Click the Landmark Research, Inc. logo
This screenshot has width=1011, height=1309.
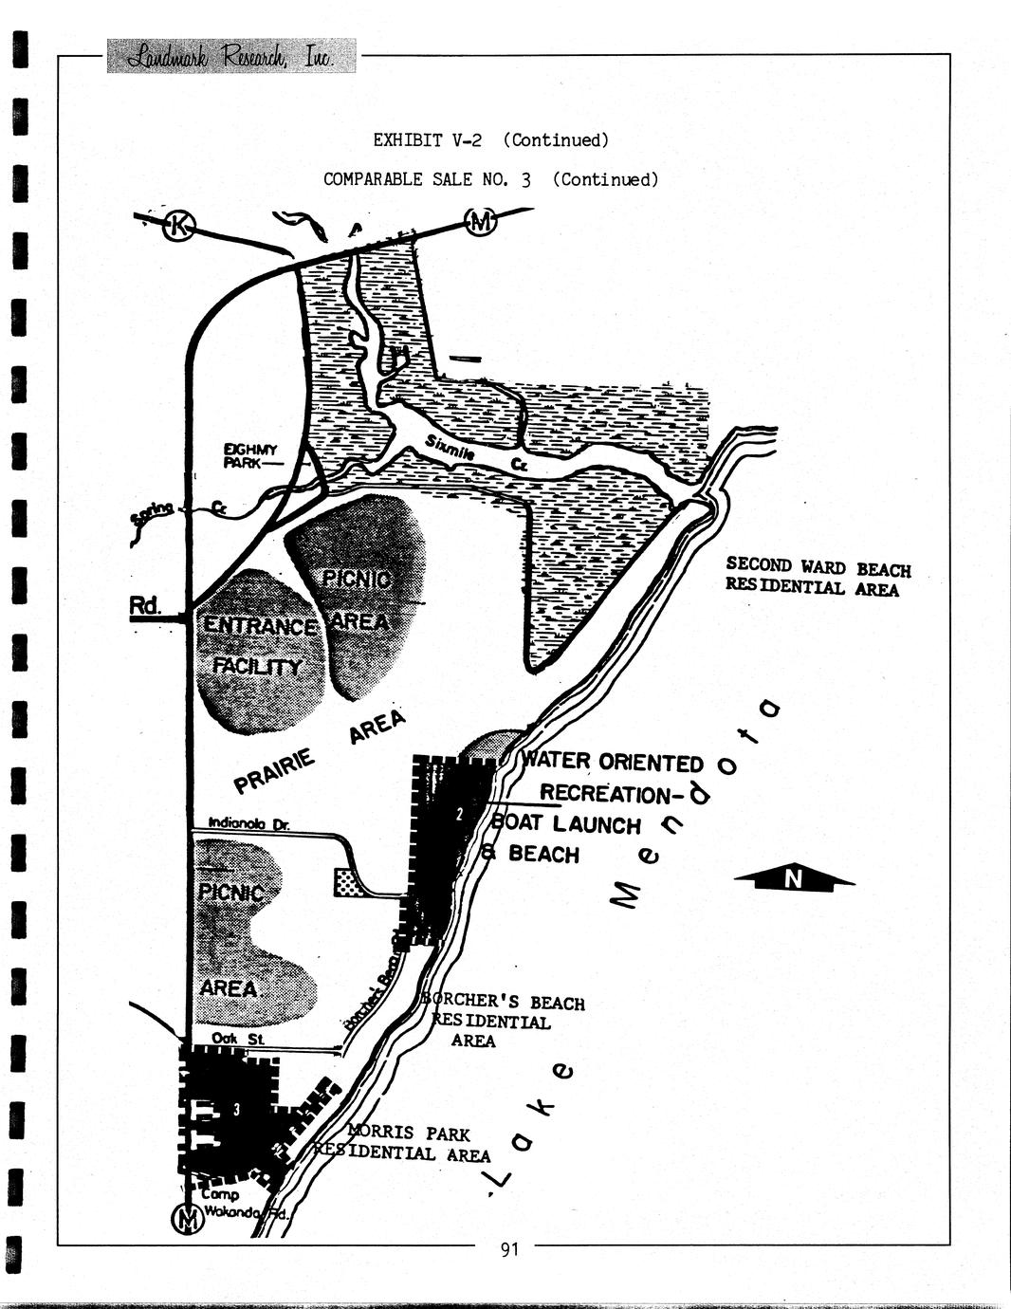(x=231, y=56)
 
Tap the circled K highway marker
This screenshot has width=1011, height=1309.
(x=178, y=226)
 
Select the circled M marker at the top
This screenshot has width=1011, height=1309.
(x=480, y=222)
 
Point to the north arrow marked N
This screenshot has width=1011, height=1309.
(x=794, y=879)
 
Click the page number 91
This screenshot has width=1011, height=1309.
(x=509, y=1249)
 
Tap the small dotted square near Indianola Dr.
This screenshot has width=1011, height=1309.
(x=348, y=882)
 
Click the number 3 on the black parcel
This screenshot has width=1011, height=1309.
(x=236, y=1110)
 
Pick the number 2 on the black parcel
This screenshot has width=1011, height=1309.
(x=458, y=813)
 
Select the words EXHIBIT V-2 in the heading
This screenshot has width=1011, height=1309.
(x=427, y=140)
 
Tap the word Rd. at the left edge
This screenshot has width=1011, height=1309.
(x=144, y=604)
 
